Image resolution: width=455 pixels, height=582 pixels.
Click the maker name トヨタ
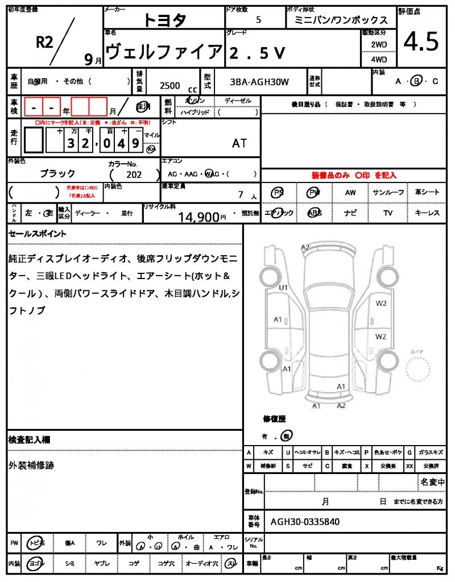click(164, 20)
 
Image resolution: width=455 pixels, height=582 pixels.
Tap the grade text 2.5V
click(257, 53)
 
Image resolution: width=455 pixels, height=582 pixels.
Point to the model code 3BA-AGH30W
click(259, 82)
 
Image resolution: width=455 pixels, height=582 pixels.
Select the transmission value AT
click(239, 143)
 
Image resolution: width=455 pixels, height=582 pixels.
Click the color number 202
click(134, 175)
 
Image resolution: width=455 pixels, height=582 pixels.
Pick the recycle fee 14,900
click(198, 217)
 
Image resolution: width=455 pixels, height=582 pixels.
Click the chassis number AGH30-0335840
click(305, 521)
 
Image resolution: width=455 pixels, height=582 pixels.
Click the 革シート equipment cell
click(427, 193)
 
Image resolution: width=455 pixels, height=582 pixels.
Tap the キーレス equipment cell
click(427, 213)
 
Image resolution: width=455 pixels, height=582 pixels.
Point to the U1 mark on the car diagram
click(283, 288)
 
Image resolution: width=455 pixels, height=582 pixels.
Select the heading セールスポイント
click(38, 234)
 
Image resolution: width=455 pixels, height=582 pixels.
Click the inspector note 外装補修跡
click(31, 465)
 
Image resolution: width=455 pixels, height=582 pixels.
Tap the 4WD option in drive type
click(379, 59)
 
